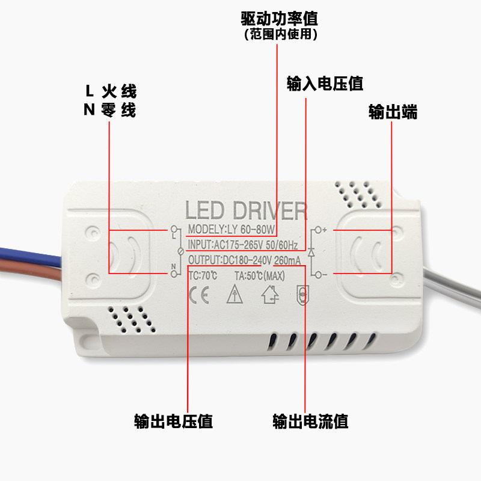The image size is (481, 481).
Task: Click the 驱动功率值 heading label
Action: tap(279, 19)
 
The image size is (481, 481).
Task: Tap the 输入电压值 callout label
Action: tap(325, 84)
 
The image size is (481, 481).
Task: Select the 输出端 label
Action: tap(393, 112)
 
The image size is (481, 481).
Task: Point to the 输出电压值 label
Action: tap(173, 421)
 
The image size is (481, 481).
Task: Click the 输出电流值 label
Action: tap(310, 421)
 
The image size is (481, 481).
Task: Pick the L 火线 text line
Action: tap(111, 91)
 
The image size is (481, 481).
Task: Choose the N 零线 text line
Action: tap(109, 110)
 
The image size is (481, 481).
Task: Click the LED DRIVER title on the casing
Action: tap(246, 210)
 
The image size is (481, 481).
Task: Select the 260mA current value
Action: tap(287, 260)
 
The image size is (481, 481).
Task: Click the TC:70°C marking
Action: tap(203, 275)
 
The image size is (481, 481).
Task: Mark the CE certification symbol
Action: tap(199, 295)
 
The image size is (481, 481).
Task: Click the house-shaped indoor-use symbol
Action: tap(270, 295)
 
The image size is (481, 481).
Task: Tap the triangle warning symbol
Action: tap(234, 294)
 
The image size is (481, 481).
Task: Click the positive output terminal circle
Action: tap(318, 230)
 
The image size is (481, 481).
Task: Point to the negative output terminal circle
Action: tap(318, 275)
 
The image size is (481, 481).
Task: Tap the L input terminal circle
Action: tap(174, 229)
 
